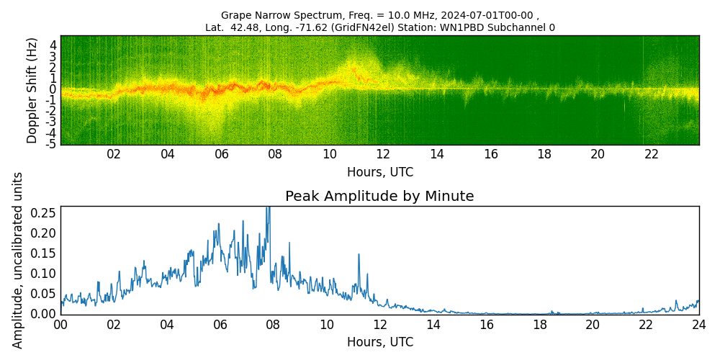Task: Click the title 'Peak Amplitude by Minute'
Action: point(379,196)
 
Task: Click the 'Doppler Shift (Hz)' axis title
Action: point(32,90)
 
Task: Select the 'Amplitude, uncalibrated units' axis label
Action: point(18,260)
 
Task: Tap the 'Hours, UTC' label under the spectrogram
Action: point(379,172)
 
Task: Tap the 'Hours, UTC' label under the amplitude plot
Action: point(379,342)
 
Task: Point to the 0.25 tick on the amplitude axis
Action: point(44,212)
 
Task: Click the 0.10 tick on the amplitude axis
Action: point(44,273)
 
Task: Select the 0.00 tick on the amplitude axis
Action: point(44,313)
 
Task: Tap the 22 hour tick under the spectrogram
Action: point(652,154)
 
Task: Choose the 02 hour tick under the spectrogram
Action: point(114,154)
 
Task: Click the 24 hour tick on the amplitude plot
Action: point(698,324)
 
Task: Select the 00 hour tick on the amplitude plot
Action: point(60,324)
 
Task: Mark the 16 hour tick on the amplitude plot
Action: point(486,324)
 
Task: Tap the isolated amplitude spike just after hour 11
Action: point(358,255)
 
